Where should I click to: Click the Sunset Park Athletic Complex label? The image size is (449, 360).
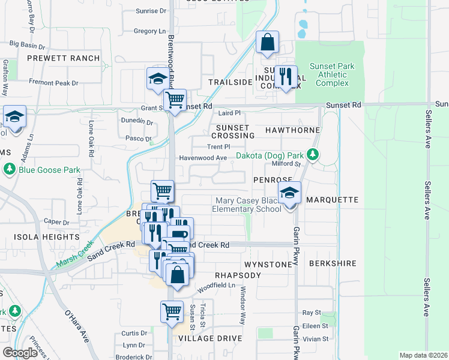332,74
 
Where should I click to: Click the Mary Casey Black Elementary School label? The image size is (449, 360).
246,205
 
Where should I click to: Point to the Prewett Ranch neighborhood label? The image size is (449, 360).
62,58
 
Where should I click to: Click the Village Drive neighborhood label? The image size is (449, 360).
209,338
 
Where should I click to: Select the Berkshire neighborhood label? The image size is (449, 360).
333,263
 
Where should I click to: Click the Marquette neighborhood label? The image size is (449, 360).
332,199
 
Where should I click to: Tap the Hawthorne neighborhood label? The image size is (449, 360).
291,128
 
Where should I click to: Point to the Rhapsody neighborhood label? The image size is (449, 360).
238,275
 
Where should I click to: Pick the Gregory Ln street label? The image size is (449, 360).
149,31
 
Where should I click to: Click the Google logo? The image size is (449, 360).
20,353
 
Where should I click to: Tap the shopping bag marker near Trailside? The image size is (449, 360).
267,43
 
